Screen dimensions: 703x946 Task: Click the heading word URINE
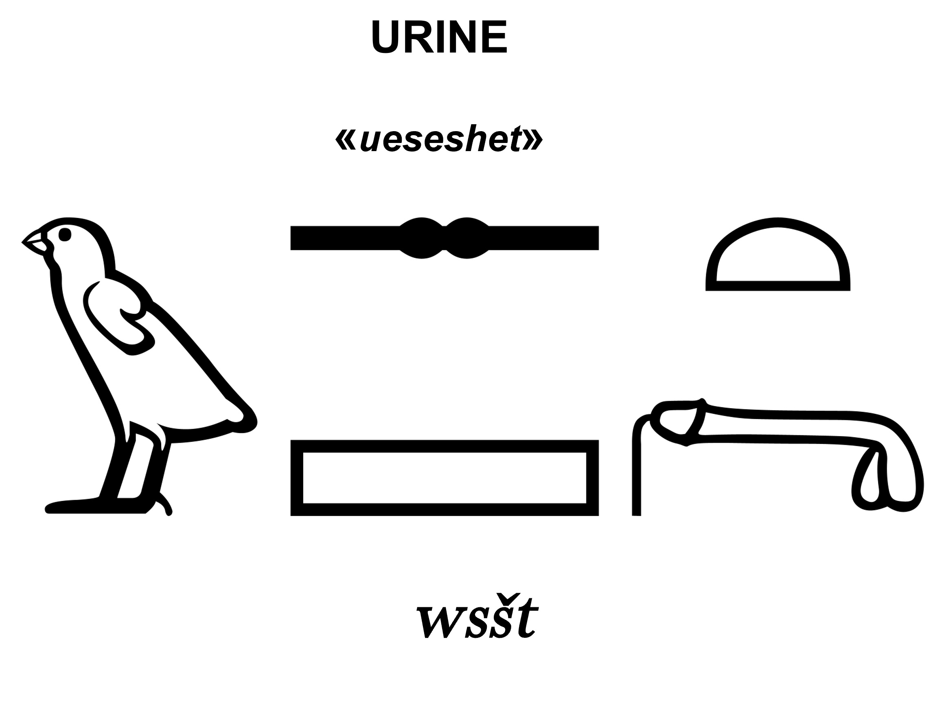pos(439,37)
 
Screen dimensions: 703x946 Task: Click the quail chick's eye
pos(65,235)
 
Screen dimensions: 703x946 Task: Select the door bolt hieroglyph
pos(444,238)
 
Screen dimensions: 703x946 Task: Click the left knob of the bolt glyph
pos(421,238)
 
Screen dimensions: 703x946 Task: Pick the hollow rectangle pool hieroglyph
pos(444,478)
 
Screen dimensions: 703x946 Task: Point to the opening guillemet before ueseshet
pos(345,141)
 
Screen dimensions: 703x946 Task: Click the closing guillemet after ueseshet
pos(534,141)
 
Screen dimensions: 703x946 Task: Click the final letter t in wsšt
pos(527,619)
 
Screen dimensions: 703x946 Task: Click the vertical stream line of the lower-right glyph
pos(636,472)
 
